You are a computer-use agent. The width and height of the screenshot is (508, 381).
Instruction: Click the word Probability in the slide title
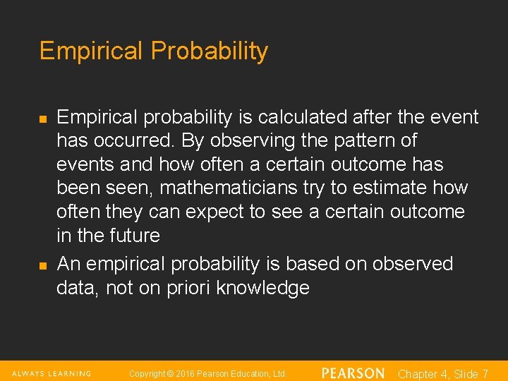click(209, 52)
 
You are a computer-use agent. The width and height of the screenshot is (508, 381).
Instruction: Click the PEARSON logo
click(353, 373)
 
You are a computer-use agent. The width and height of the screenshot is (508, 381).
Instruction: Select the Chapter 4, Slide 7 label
click(443, 374)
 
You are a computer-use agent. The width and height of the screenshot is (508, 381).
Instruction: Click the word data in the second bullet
click(78, 288)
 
